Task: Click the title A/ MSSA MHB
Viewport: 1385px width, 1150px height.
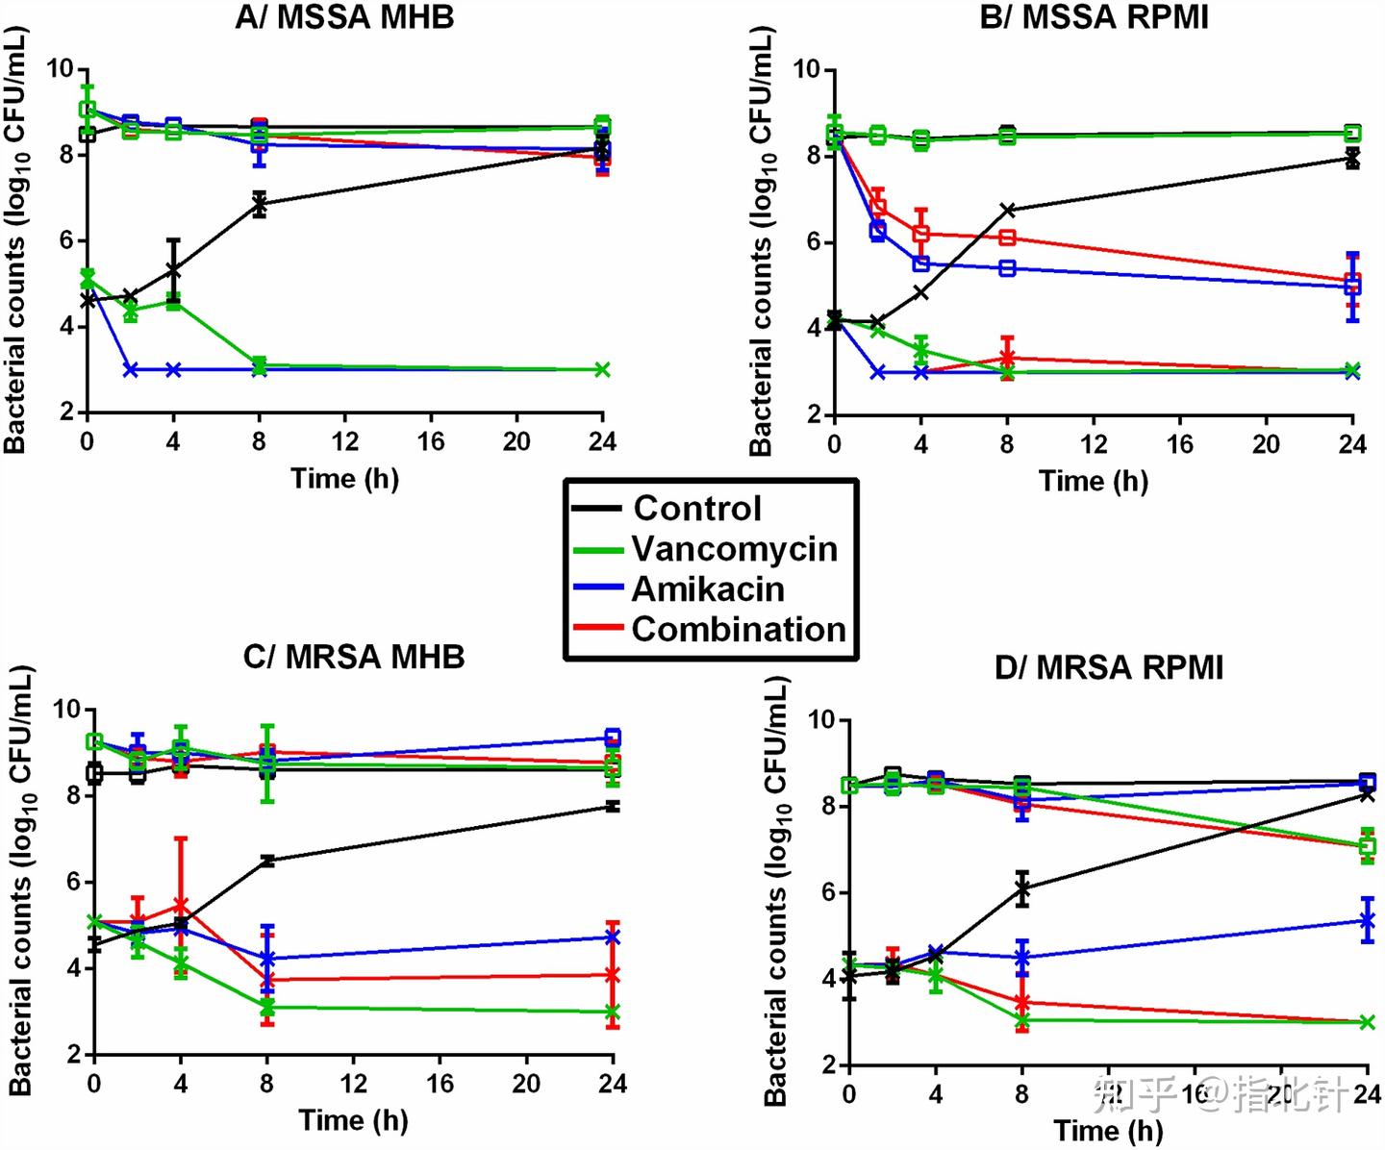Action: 344,16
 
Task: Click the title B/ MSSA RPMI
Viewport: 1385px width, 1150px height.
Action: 1094,16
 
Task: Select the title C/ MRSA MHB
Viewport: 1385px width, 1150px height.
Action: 353,657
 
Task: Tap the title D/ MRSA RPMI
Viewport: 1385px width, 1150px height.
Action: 1108,667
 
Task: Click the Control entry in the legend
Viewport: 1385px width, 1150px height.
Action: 696,508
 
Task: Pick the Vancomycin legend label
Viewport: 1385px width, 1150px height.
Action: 734,548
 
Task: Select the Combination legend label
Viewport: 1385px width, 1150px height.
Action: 738,629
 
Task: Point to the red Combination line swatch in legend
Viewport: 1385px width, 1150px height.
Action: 598,629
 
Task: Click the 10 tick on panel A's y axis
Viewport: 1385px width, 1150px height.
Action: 60,68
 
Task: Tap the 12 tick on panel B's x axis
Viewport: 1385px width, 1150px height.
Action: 1094,443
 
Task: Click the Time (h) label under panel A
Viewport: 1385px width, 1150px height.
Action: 344,479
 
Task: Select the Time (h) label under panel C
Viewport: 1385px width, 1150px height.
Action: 353,1120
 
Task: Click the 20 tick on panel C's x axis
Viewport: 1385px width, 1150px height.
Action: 526,1084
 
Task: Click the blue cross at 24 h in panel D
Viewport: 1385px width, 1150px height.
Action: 1367,920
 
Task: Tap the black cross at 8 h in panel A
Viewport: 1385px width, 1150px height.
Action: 259,203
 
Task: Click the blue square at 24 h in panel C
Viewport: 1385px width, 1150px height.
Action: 612,737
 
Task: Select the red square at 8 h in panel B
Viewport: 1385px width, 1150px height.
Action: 1007,237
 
